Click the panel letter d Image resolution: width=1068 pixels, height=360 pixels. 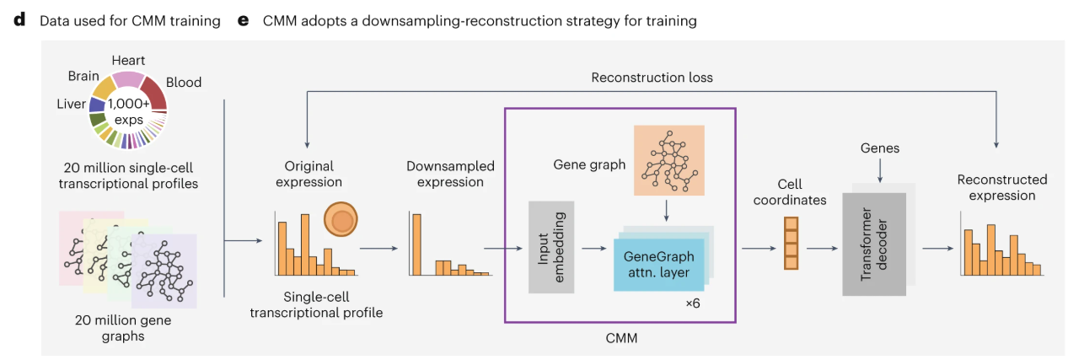19,20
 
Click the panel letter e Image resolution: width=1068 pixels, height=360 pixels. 244,20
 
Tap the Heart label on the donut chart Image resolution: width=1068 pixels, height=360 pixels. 128,61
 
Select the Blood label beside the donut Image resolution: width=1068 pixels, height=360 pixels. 184,82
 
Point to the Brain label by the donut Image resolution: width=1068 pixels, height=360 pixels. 83,76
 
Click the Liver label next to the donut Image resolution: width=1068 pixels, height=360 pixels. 70,105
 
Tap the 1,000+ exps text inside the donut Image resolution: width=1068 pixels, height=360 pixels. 128,112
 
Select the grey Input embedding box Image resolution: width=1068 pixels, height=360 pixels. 551,247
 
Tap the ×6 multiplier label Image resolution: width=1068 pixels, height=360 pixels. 693,302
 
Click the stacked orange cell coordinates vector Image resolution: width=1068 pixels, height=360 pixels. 791,243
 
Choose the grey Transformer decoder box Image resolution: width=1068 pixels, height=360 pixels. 874,244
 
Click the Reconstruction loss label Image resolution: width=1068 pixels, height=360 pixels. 652,78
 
